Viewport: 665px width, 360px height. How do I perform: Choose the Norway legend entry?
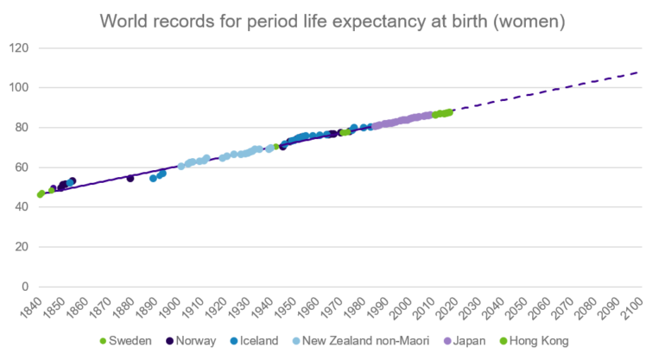click(x=198, y=341)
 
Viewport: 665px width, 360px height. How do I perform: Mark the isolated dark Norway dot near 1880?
click(x=130, y=178)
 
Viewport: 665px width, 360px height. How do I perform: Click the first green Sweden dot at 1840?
click(x=41, y=194)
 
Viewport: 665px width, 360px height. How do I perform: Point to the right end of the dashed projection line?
click(x=639, y=73)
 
